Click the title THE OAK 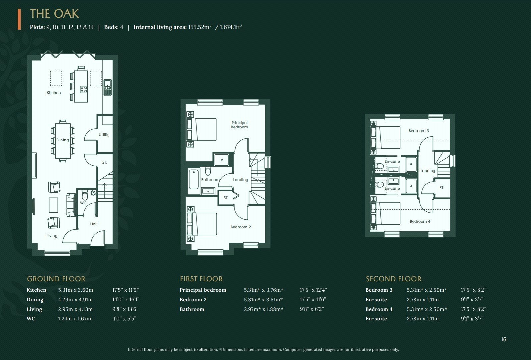click(54, 14)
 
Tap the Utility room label click(104, 135)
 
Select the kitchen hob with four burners click(84, 89)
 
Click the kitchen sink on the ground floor click(108, 87)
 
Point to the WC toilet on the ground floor click(85, 195)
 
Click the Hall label click(94, 224)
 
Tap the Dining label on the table click(63, 140)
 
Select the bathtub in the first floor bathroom click(194, 179)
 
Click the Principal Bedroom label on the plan click(240, 125)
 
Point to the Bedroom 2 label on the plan click(241, 227)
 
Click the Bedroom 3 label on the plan click(419, 131)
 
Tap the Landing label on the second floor click(428, 171)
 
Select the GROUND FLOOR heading click(56, 279)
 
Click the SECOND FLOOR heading click(393, 279)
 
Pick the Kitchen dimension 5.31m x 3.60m click(76, 290)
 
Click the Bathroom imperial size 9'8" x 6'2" click(312, 309)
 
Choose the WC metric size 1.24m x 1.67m click(74, 318)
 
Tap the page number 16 click(503, 339)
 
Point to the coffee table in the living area click(53, 205)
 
